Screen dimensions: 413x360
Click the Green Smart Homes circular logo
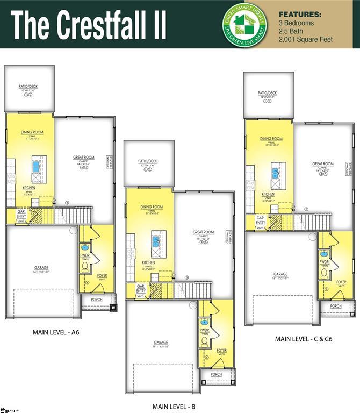tap(244, 24)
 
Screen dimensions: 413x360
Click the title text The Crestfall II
tap(89, 25)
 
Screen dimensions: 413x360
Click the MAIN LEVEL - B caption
tap(174, 406)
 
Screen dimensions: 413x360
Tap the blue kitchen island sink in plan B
tap(156, 241)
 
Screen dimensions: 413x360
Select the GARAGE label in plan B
tap(161, 343)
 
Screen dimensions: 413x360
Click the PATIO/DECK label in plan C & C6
tap(267, 93)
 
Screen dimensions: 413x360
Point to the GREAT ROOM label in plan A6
tap(84, 158)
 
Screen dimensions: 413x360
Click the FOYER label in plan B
tap(221, 351)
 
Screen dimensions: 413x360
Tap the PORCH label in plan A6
tap(97, 300)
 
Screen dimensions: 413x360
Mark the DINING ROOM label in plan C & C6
tap(271, 139)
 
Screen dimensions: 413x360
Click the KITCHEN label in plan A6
tap(29, 188)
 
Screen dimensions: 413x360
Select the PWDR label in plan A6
tap(85, 255)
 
